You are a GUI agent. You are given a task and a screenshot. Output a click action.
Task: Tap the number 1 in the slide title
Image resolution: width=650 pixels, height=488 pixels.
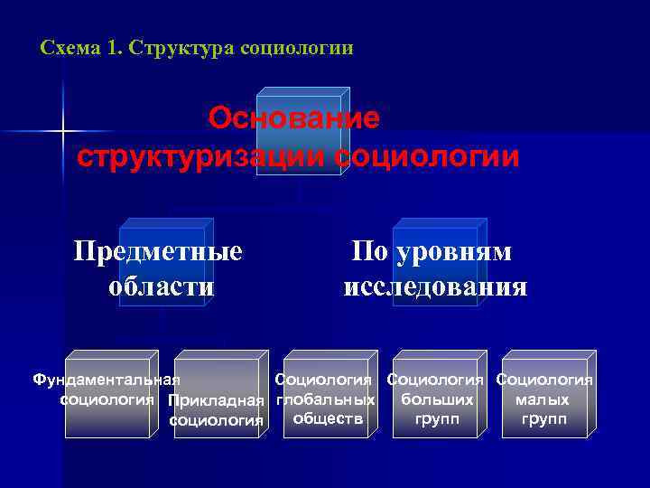114,47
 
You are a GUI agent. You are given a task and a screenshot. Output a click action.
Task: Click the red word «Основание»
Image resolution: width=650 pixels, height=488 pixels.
294,118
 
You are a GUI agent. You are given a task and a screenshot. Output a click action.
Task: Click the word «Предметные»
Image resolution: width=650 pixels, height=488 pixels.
158,251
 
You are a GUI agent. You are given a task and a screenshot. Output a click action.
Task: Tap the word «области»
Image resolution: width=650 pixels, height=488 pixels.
162,287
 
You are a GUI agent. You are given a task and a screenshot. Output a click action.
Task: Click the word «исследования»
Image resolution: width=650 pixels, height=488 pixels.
435,287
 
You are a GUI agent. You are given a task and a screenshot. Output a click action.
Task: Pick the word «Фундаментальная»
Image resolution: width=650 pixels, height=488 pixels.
107,380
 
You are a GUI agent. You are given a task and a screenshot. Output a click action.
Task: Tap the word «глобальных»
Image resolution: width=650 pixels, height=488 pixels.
326,399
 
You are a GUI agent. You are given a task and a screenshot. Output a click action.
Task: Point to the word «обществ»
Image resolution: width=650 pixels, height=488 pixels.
328,418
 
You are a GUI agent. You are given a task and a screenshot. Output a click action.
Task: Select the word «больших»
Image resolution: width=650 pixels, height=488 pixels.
437,399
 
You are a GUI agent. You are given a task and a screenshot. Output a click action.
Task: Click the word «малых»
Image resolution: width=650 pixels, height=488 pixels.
542,399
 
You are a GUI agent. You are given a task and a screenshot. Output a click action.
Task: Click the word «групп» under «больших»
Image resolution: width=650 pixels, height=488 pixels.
437,418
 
